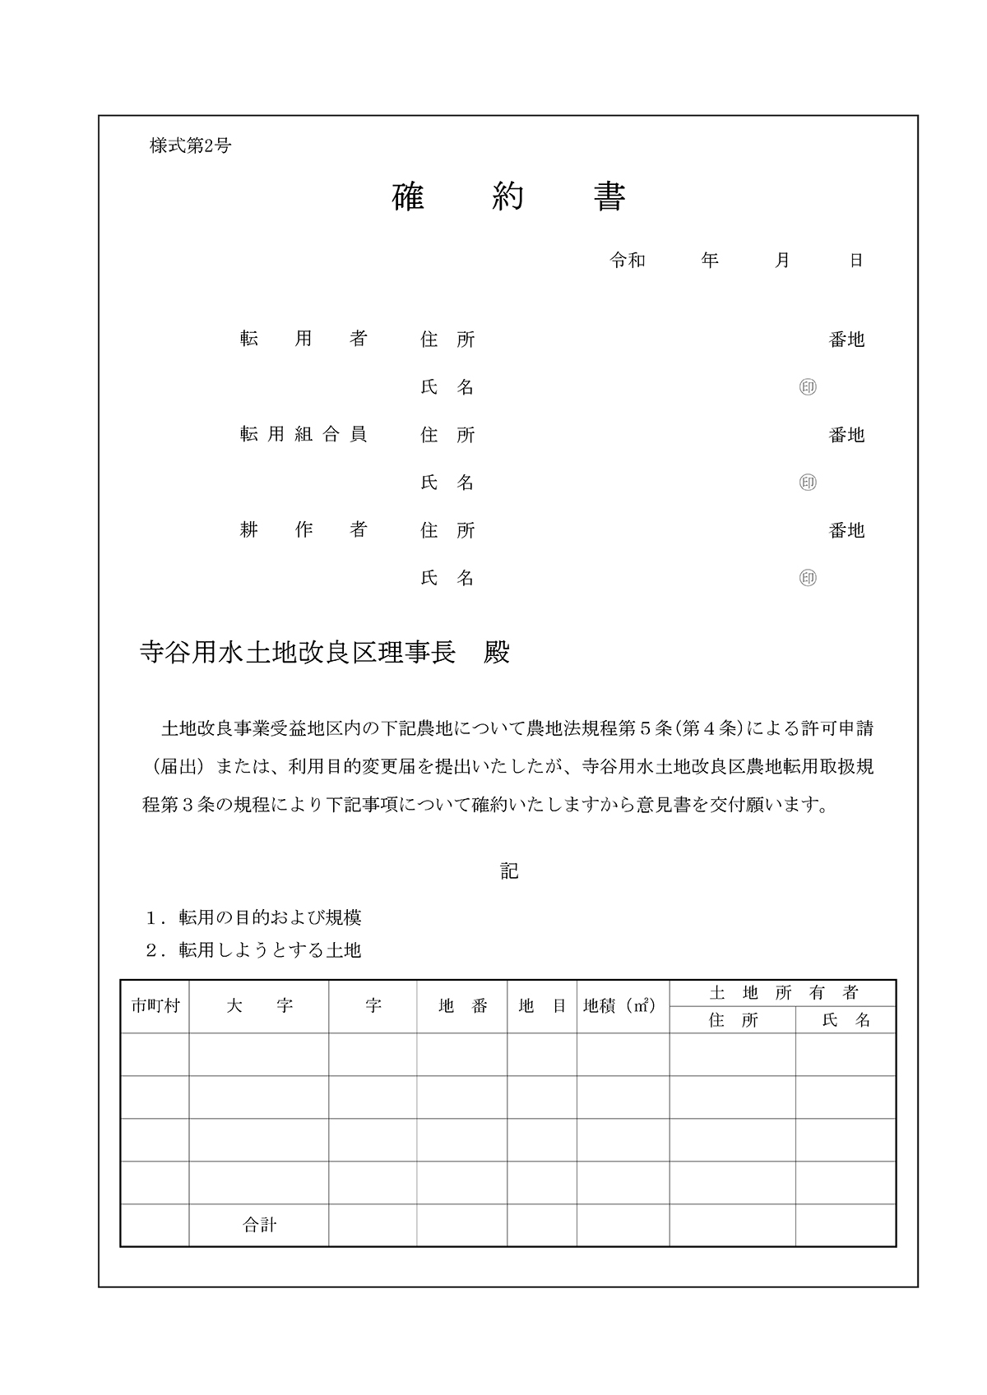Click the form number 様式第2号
point(190,146)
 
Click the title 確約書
point(509,197)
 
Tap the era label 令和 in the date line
point(628,261)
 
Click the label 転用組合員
point(303,435)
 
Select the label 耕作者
point(303,530)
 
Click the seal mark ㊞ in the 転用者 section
point(808,387)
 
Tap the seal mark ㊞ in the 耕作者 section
point(808,578)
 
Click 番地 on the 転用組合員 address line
point(846,435)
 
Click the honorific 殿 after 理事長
point(497,653)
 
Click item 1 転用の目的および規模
point(253,917)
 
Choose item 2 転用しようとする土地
point(253,950)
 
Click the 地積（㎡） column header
point(619,1005)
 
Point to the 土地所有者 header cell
point(783,993)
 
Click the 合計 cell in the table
point(259,1225)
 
